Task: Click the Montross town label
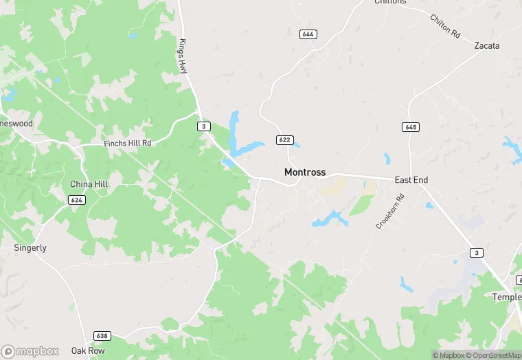pyautogui.click(x=305, y=172)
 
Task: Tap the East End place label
pyautogui.click(x=411, y=180)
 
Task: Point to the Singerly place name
pyautogui.click(x=30, y=247)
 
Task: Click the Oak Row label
pyautogui.click(x=88, y=350)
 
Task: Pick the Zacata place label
pyautogui.click(x=486, y=46)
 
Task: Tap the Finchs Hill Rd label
pyautogui.click(x=127, y=143)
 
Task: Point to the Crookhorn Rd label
pyautogui.click(x=391, y=212)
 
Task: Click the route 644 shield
pyautogui.click(x=308, y=34)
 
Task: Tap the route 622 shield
pyautogui.click(x=284, y=139)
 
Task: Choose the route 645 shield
pyautogui.click(x=410, y=127)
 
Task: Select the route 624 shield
pyautogui.click(x=77, y=199)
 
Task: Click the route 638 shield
pyautogui.click(x=102, y=336)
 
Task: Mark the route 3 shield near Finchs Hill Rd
pyautogui.click(x=203, y=126)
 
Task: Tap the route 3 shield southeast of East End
pyautogui.click(x=477, y=253)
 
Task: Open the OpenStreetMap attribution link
pyautogui.click(x=492, y=355)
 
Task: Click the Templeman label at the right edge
pyautogui.click(x=508, y=297)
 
